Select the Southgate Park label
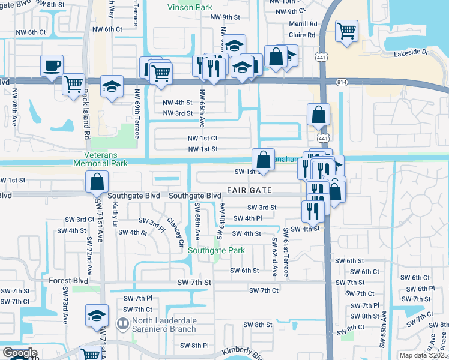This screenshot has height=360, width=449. [208, 250]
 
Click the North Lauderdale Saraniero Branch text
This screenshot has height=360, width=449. [165, 325]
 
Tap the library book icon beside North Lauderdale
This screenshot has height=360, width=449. [122, 325]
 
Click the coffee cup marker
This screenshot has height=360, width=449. [52, 65]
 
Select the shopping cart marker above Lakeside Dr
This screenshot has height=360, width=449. [346, 31]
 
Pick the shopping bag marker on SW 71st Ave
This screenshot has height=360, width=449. [97, 182]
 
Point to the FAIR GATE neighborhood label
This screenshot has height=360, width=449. [249, 190]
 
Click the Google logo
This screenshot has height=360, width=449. [19, 354]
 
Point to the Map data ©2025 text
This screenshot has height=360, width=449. [424, 355]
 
